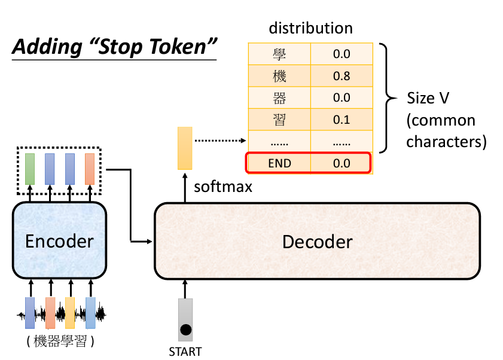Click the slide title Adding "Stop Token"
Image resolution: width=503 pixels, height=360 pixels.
114,47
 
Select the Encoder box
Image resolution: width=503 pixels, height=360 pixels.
59,241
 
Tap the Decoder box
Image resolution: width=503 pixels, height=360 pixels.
317,242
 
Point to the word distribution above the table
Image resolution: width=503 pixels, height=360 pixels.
310,28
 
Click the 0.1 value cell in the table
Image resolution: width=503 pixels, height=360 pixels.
341,120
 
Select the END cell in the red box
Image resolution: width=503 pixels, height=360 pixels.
279,163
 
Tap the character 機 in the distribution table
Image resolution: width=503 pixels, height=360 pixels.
279,76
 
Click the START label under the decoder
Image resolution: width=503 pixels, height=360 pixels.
185,351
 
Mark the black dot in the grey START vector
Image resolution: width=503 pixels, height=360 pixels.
185,330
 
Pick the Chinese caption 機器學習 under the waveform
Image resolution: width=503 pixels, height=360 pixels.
60,342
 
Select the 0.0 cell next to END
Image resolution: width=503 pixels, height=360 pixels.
341,163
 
